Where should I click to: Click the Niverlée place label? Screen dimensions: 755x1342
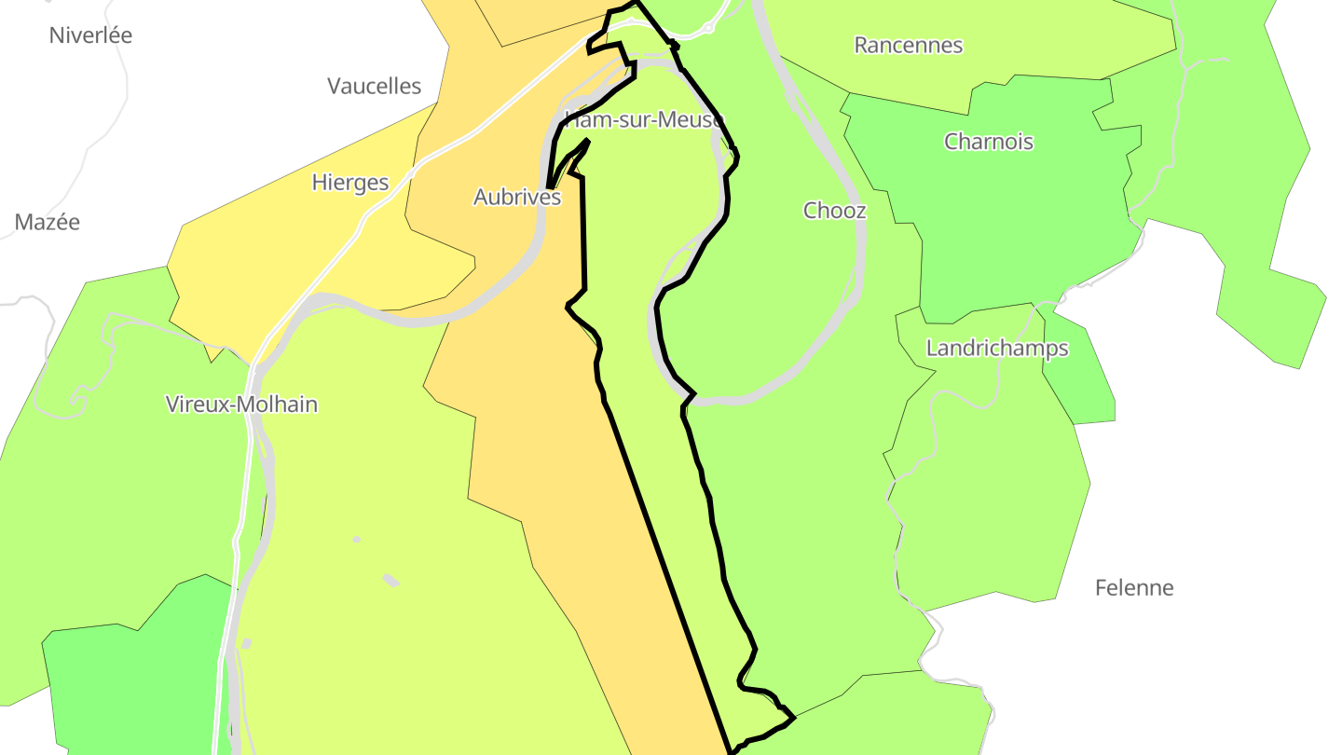90,35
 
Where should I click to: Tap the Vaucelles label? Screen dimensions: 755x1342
374,87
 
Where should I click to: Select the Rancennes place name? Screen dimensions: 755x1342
908,45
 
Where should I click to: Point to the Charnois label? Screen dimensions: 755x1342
988,142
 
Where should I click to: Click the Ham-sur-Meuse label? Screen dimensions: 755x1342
644,120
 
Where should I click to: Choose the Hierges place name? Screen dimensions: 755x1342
349,182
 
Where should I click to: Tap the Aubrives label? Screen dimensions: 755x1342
517,198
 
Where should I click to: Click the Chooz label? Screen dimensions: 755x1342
834,211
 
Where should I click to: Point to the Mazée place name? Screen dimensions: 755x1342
47,222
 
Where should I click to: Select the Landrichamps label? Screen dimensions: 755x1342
996,349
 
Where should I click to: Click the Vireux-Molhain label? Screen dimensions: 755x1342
241,405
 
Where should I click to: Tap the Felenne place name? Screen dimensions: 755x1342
1133,588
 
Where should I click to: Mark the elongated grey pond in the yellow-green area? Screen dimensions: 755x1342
390,581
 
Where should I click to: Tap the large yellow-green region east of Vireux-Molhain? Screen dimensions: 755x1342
391,466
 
